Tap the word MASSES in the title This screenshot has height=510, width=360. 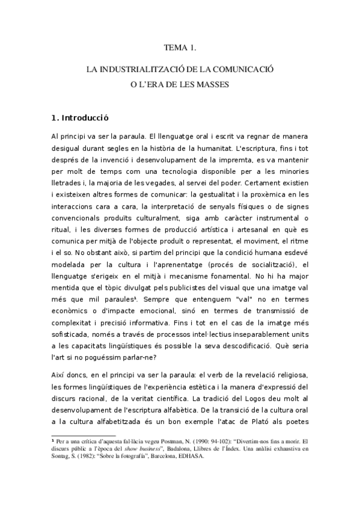(x=214, y=85)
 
